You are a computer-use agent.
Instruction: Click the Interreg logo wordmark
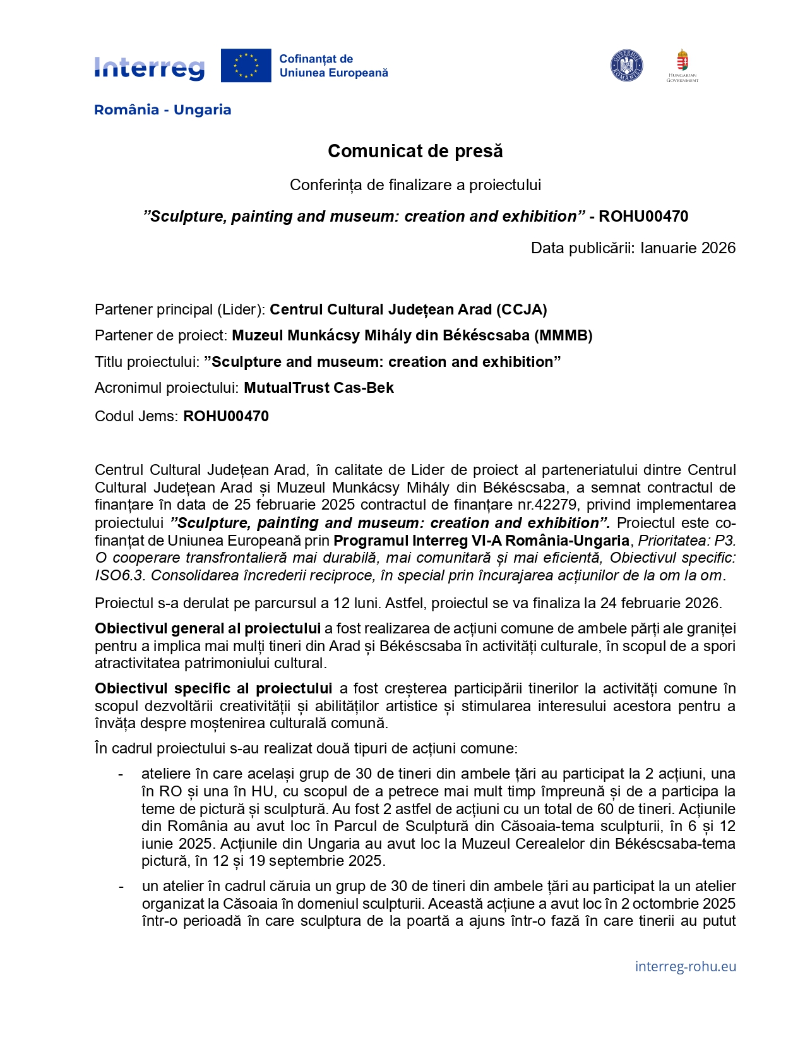[x=150, y=67]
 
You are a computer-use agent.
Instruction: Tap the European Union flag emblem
[x=246, y=66]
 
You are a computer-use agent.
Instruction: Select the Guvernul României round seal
[x=626, y=66]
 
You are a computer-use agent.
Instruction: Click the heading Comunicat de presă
[x=415, y=152]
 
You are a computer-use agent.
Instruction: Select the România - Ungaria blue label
[x=162, y=110]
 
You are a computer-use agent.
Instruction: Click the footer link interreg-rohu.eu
[x=685, y=966]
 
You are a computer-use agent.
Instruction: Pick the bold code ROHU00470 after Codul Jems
[x=226, y=416]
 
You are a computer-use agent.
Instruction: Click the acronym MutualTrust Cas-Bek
[x=319, y=388]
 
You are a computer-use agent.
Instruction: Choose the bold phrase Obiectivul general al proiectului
[x=208, y=628]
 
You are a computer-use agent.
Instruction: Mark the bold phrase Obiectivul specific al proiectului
[x=213, y=688]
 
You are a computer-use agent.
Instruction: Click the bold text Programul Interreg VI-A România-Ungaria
[x=481, y=541]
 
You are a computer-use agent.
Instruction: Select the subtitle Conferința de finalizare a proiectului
[x=415, y=185]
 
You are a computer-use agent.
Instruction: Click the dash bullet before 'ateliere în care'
[x=121, y=774]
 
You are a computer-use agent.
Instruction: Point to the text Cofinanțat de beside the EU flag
[x=316, y=59]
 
